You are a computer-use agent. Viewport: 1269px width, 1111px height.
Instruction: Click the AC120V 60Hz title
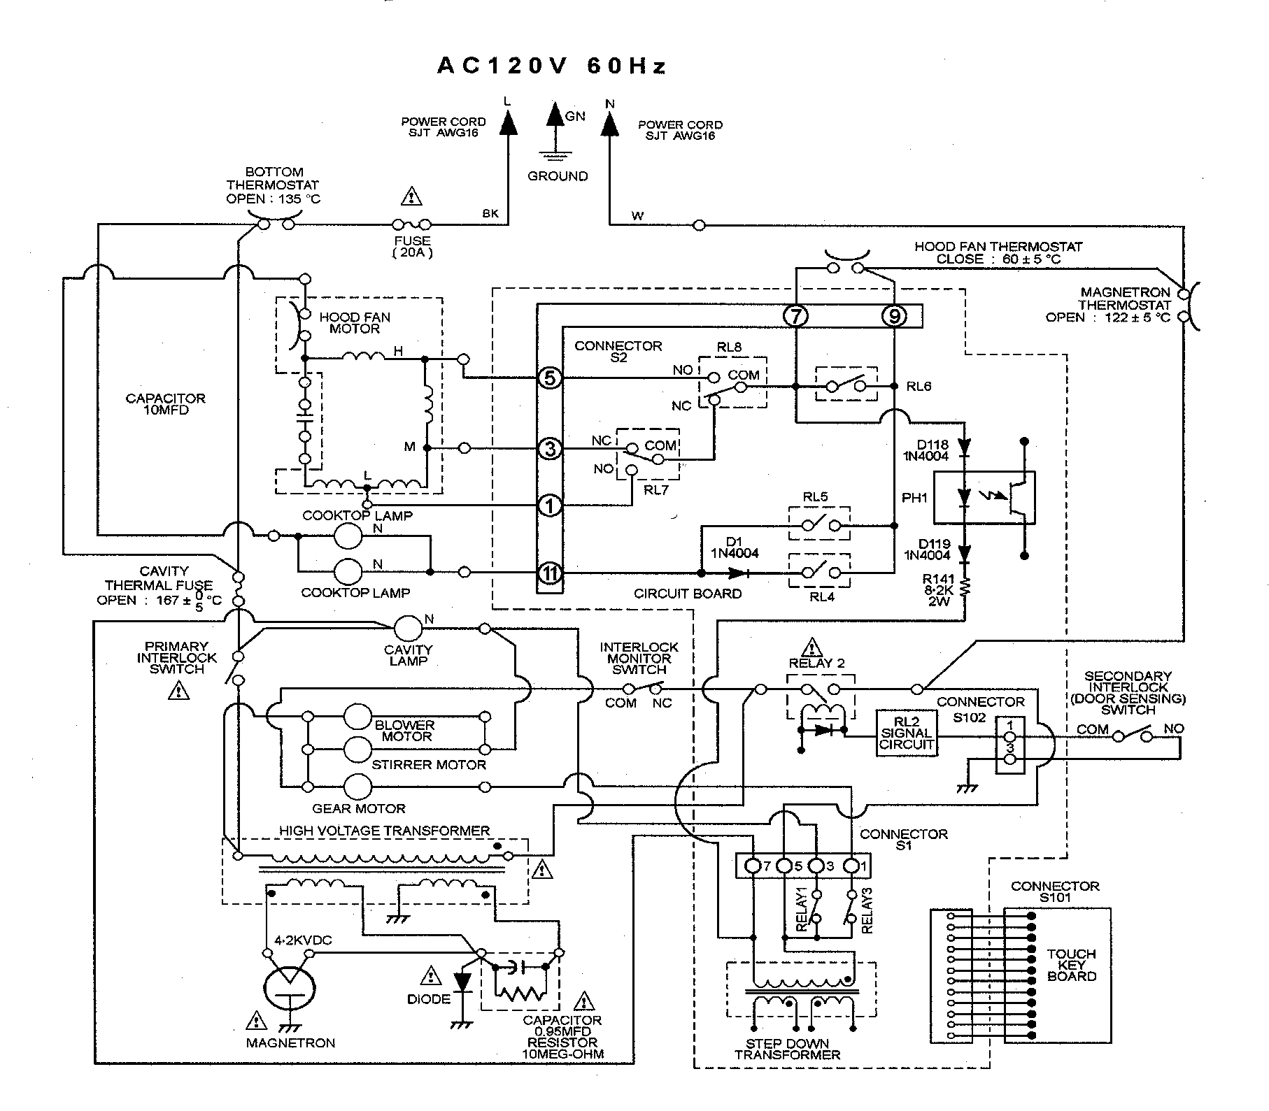pos(552,66)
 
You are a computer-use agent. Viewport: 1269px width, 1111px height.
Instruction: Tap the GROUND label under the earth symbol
pos(558,176)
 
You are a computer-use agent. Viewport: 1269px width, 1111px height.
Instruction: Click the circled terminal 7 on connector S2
pos(796,316)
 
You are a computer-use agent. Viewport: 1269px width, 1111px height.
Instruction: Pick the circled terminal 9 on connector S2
pos(894,316)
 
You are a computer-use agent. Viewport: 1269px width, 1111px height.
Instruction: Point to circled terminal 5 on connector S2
pos(550,378)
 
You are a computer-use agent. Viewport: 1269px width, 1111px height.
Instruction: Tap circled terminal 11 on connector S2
pos(550,573)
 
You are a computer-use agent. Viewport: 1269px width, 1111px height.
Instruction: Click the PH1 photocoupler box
pos(985,498)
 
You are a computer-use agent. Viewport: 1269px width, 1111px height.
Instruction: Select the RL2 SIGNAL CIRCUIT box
pos(907,733)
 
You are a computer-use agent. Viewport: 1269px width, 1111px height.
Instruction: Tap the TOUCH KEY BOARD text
pos(1072,965)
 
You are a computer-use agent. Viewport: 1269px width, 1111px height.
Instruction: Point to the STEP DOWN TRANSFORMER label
pos(787,1049)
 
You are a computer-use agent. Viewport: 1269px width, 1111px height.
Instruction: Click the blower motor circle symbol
pos(358,717)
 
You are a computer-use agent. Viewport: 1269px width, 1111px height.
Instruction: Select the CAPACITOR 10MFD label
pos(166,403)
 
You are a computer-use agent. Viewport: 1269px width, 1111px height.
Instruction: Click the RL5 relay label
pos(816,497)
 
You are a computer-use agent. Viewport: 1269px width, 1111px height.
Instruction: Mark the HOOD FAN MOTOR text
pos(355,322)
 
